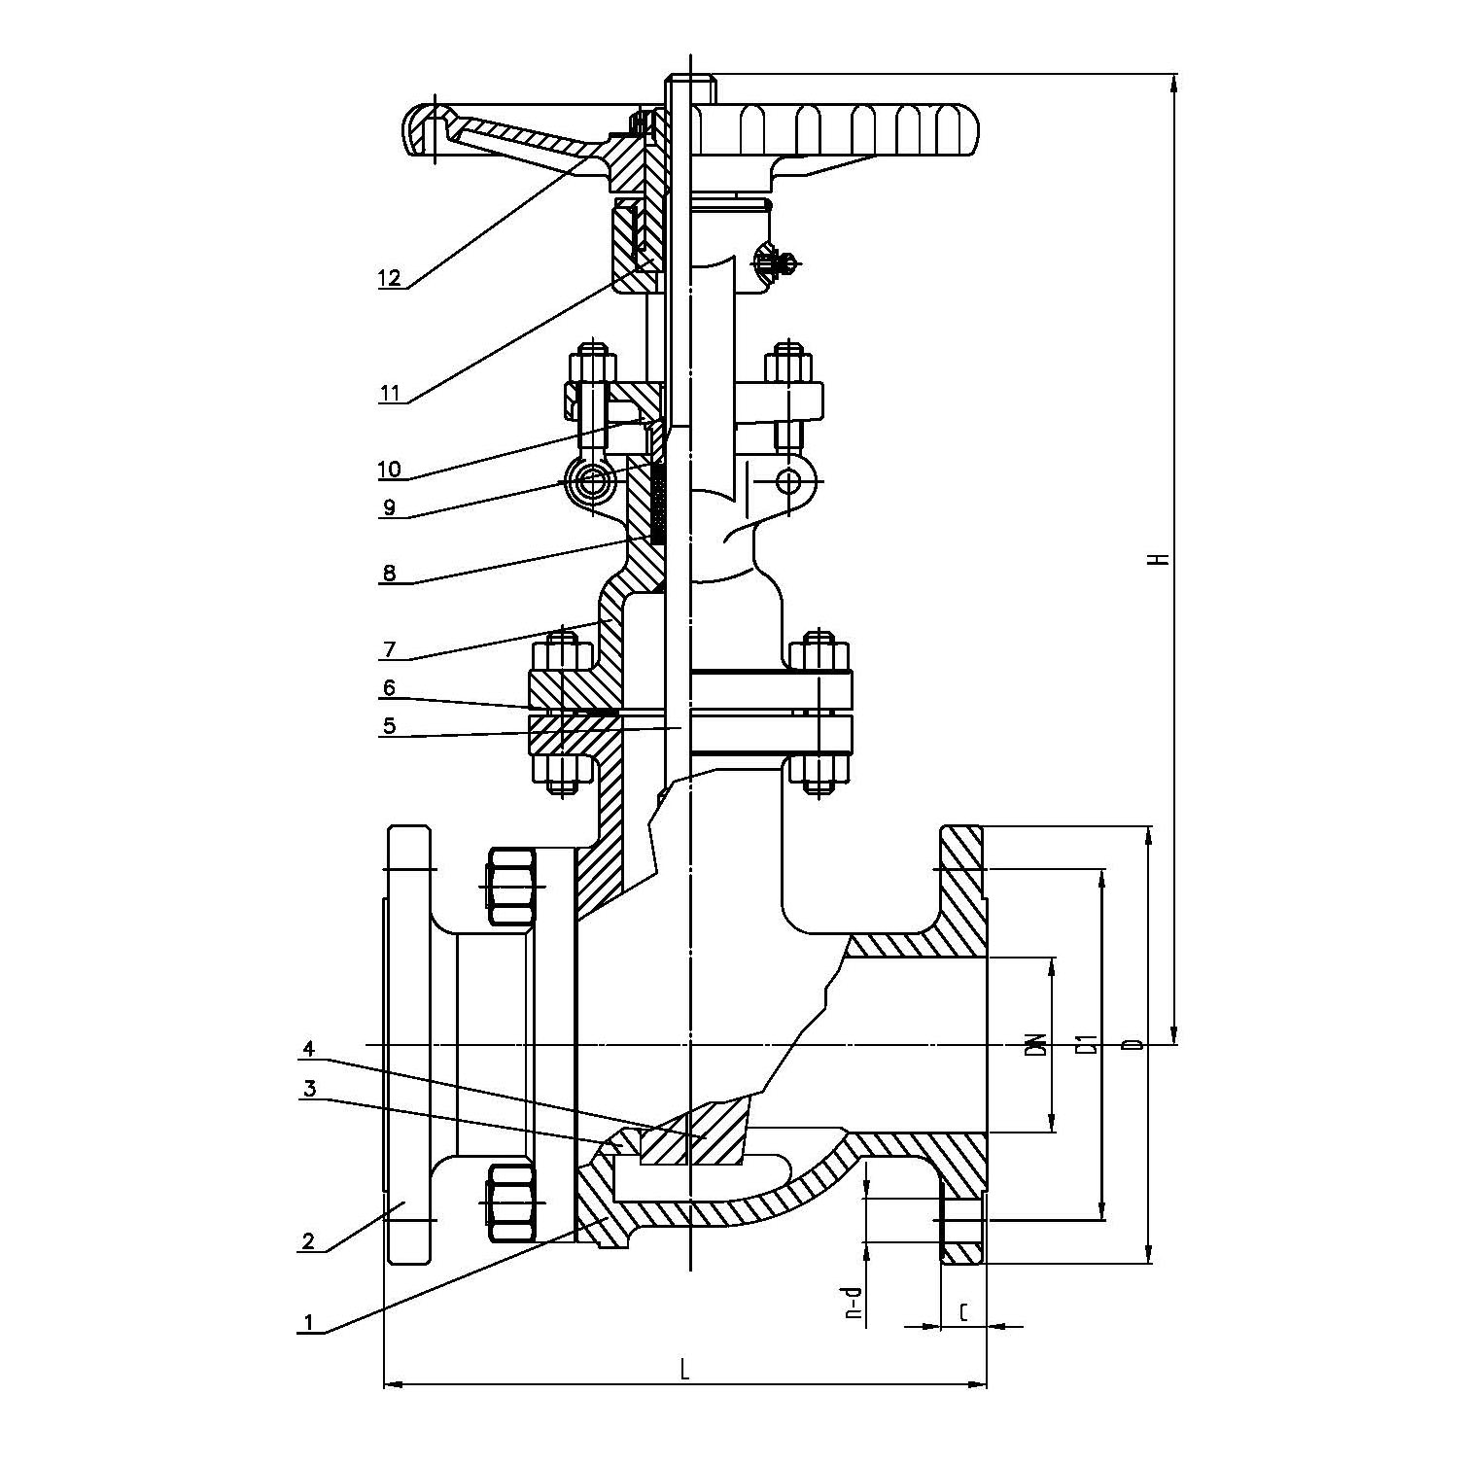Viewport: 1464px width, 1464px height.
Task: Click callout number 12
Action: (389, 278)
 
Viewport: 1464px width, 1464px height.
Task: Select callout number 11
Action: (389, 393)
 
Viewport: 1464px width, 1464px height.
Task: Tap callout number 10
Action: (389, 470)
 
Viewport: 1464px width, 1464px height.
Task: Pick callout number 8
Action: (389, 573)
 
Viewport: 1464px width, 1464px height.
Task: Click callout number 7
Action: (389, 648)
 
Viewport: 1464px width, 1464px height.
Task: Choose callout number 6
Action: (389, 688)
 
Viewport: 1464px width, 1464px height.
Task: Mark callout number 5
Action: (389, 725)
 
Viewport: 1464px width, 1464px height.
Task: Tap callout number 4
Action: (309, 1049)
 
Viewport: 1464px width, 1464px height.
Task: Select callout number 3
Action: (309, 1089)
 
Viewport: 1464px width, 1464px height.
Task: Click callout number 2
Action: (309, 1240)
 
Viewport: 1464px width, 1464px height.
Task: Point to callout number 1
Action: (309, 1322)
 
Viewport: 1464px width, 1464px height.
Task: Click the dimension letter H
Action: (1157, 559)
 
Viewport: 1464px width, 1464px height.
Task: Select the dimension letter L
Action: (684, 1371)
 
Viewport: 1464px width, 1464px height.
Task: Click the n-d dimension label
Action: (854, 1303)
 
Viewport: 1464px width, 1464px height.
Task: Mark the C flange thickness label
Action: (963, 1313)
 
